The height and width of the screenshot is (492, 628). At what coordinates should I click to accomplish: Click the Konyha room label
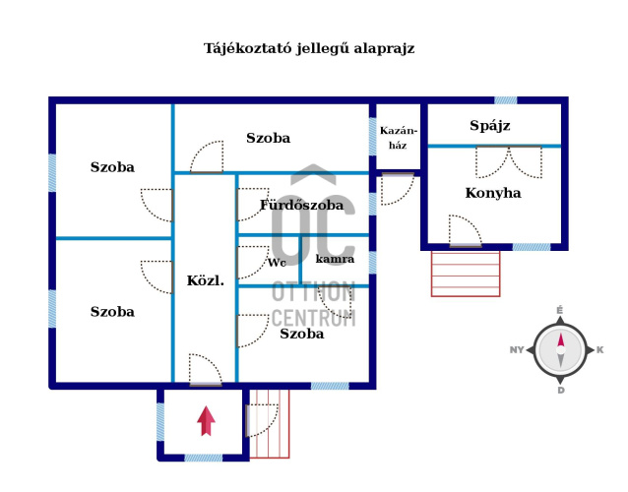493,193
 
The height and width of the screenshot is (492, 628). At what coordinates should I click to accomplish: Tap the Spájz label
490,126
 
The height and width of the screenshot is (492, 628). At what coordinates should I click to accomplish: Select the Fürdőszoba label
301,205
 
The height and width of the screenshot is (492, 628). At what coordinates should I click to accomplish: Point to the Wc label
277,263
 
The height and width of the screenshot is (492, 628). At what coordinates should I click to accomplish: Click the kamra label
335,259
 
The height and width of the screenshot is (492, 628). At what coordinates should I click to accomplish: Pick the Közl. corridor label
205,280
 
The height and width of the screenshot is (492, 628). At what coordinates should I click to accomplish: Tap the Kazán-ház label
398,138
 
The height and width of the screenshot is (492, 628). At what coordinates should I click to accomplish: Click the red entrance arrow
206,421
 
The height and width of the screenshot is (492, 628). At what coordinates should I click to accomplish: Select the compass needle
561,350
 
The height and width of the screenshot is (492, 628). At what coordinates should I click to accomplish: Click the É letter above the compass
560,310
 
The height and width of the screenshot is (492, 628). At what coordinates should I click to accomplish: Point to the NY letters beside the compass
517,350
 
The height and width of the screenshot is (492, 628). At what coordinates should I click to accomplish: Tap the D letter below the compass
561,391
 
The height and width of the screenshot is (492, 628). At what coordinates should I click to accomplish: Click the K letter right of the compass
600,350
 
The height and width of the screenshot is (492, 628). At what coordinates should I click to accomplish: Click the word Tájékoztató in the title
248,49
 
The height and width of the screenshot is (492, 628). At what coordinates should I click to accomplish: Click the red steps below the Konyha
466,274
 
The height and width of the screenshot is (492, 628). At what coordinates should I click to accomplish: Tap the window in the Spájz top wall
505,100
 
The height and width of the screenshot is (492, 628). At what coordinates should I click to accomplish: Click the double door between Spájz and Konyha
509,162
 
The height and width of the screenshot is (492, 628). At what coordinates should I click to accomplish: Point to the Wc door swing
253,262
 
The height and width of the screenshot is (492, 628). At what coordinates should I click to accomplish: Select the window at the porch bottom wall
204,458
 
